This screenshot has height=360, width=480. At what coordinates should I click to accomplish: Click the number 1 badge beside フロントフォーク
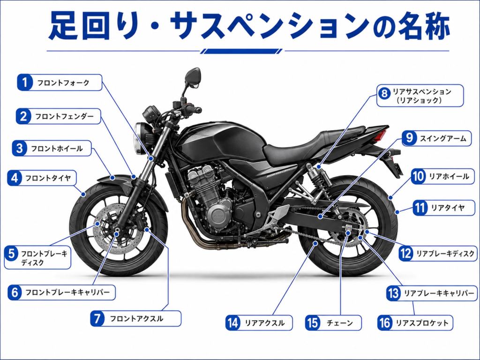click(25, 82)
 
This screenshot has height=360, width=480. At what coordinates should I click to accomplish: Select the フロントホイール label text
click(57, 149)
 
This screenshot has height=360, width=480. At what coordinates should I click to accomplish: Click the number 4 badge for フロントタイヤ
click(15, 178)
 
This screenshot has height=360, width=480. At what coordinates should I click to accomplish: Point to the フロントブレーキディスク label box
click(37, 257)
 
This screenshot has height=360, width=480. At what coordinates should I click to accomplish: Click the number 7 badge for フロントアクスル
click(97, 318)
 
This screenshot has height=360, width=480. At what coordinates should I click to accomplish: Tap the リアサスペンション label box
click(420, 96)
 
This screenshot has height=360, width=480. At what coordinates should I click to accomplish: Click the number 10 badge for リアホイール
click(418, 176)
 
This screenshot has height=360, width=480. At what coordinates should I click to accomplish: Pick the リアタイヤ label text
click(448, 208)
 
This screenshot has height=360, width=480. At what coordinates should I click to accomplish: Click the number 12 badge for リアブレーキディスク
click(406, 254)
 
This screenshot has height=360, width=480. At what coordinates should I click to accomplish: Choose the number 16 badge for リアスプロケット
click(385, 322)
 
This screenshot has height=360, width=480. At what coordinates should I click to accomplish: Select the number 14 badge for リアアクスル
click(233, 323)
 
